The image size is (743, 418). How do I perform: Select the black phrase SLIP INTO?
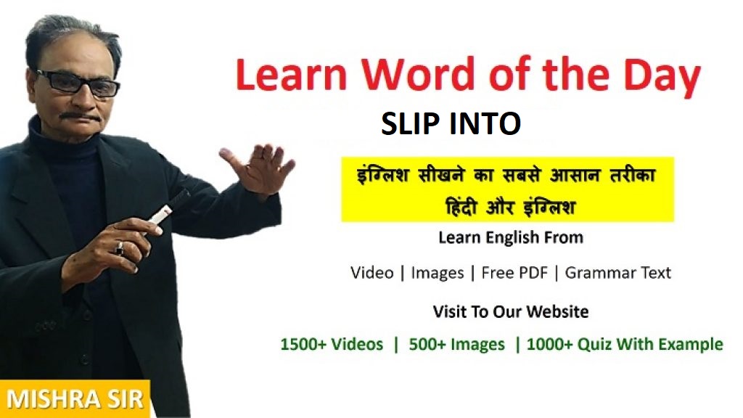point(451,123)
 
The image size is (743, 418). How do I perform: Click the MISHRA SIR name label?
point(75,398)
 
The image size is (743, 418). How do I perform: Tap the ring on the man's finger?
point(120,247)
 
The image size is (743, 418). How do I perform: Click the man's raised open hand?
point(259,168)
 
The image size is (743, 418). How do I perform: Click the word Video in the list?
point(372,273)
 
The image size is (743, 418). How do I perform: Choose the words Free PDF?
point(514,273)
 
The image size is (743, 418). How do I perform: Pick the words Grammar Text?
point(618,273)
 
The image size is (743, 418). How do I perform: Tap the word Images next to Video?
point(438,274)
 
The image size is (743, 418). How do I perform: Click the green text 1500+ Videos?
point(332,344)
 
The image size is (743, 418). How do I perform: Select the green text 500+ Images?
point(457,345)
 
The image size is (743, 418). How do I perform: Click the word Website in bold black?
point(558,312)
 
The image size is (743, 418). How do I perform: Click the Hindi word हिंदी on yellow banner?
point(461,207)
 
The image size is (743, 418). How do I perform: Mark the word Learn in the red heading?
point(291,75)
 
